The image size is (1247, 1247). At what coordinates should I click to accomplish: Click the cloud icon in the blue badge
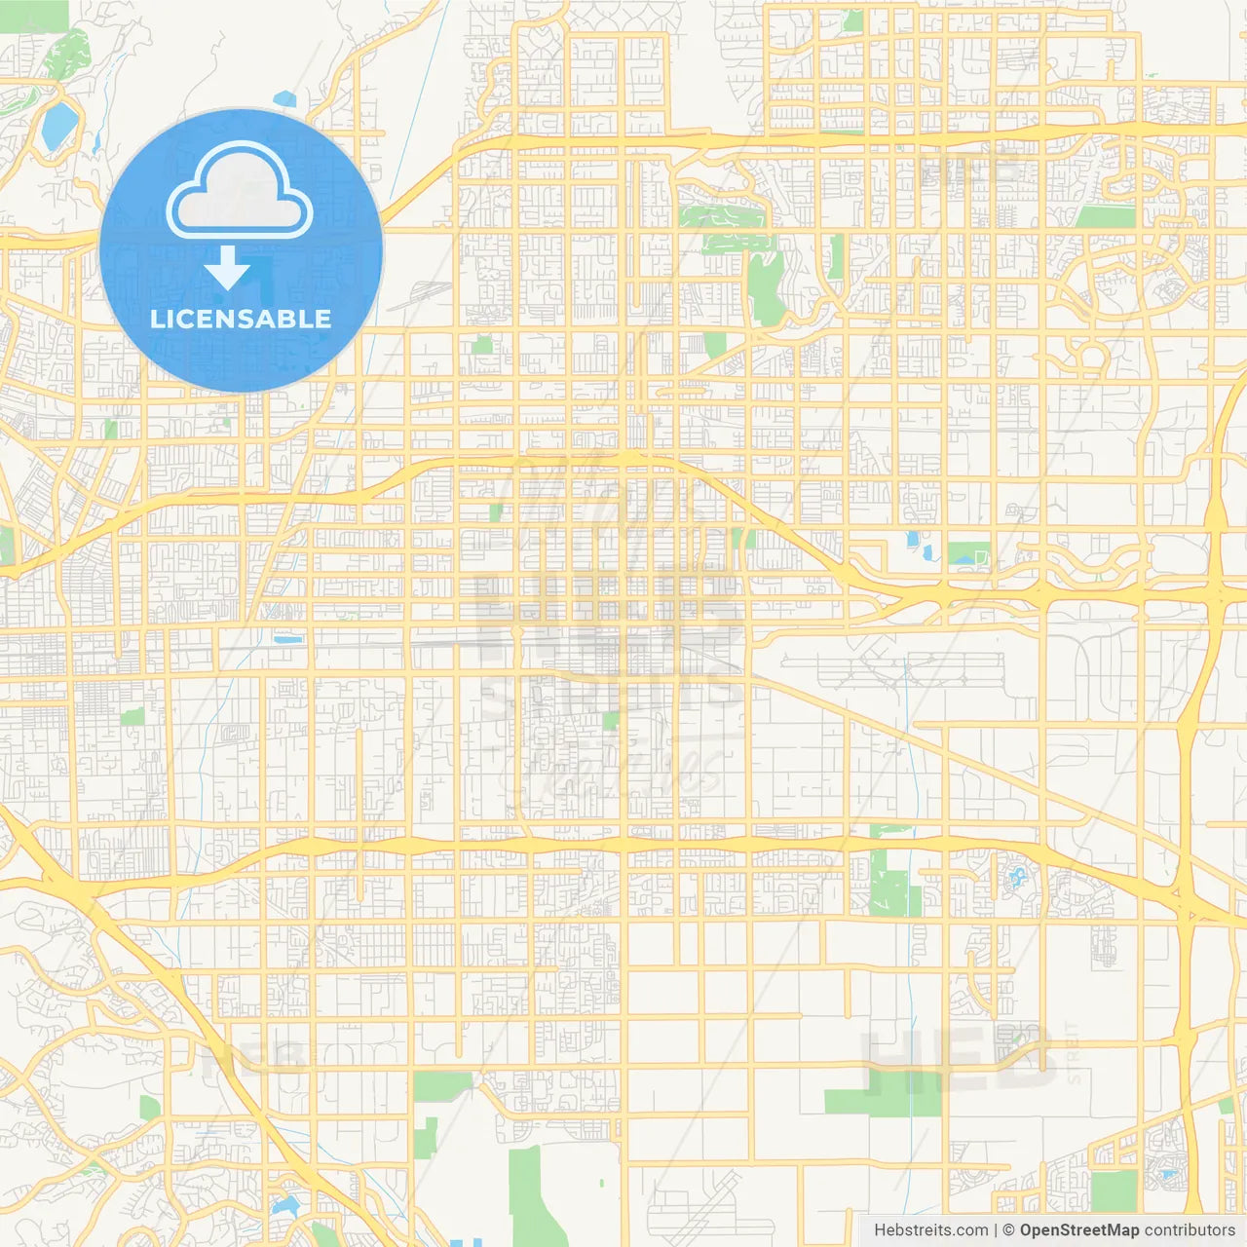click(240, 191)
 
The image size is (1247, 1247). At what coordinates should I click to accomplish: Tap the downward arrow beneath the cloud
click(228, 268)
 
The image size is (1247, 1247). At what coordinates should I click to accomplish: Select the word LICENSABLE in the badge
click(241, 319)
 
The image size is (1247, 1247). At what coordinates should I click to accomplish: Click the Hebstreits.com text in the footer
click(931, 1230)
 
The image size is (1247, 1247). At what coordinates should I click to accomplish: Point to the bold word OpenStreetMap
click(1078, 1230)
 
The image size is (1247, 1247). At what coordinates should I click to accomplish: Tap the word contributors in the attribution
click(1190, 1230)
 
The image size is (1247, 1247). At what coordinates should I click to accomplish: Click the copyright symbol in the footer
click(1008, 1230)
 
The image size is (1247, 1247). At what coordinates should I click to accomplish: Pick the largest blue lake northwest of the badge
click(59, 125)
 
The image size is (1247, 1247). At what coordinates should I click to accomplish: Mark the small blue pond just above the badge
click(284, 98)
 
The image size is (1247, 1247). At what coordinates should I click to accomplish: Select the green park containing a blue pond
click(968, 554)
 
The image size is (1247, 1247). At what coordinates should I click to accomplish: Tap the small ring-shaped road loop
click(1090, 358)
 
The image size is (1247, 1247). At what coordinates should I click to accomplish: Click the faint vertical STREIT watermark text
click(1073, 1052)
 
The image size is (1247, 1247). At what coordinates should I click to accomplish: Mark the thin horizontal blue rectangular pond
click(287, 639)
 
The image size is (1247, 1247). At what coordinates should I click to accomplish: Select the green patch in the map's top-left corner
click(34, 16)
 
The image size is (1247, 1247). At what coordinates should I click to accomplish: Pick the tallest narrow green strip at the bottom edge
click(525, 1193)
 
